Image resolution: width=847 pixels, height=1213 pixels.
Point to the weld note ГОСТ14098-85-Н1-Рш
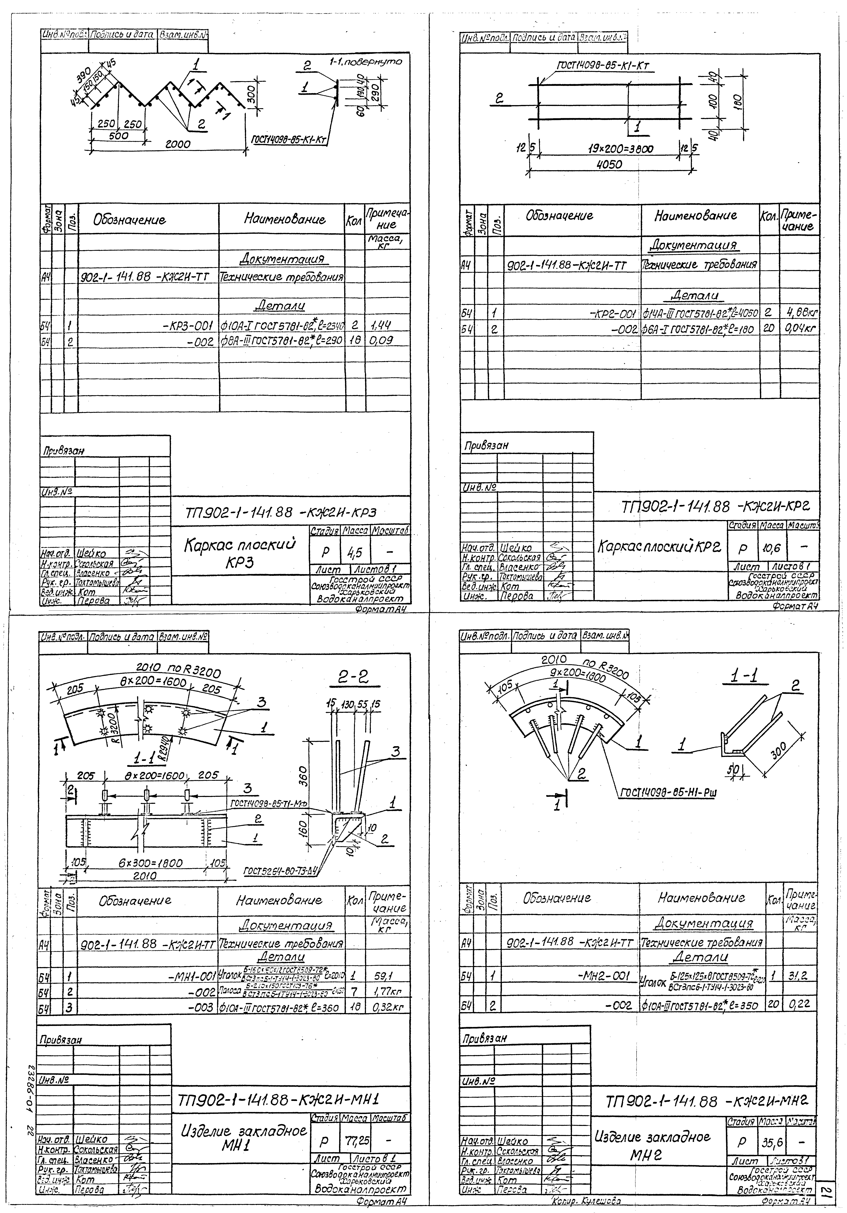668,793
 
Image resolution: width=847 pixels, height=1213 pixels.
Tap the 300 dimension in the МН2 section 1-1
778,750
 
